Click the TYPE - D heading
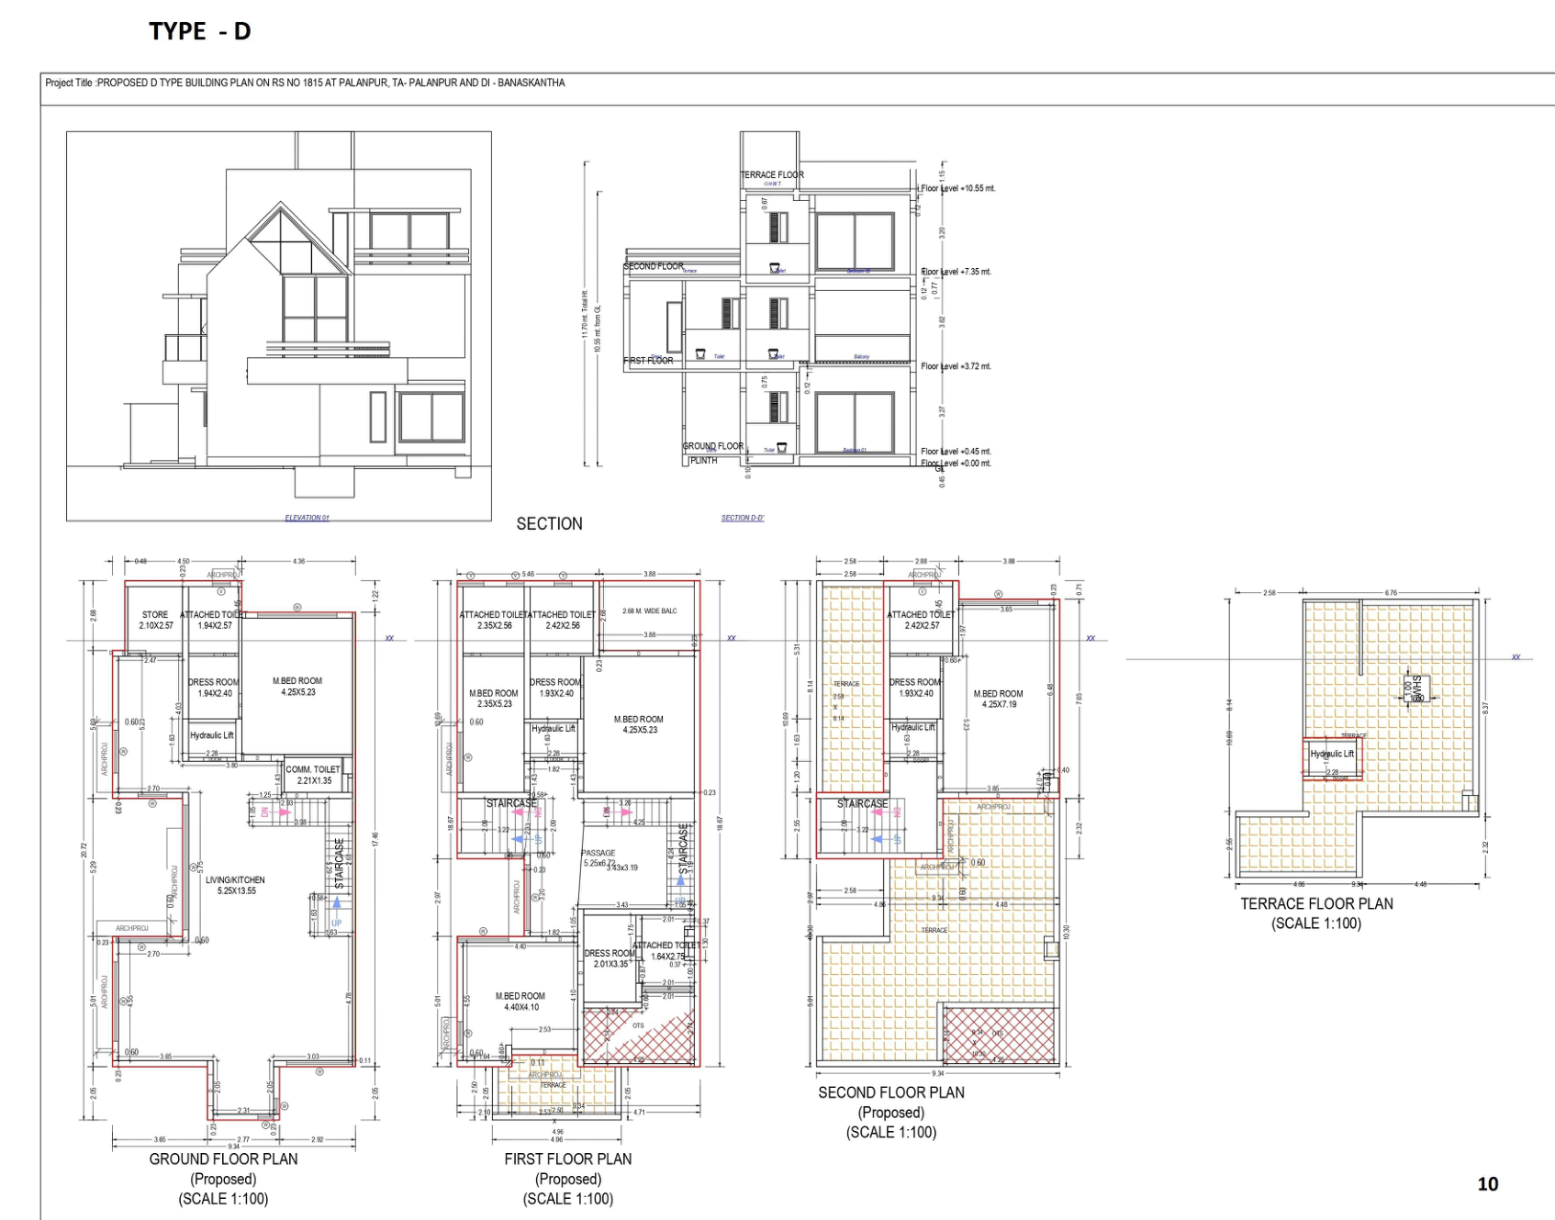click(x=199, y=31)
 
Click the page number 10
click(x=1487, y=1184)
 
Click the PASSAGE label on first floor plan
click(x=599, y=854)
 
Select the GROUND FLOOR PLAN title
click(x=223, y=1159)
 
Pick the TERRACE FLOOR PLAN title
click(x=1316, y=904)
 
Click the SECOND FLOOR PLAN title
click(x=891, y=1092)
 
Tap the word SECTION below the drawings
click(x=549, y=524)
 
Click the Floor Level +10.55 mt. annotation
click(x=957, y=189)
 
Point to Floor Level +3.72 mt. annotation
click(x=956, y=366)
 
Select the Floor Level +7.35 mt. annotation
click(x=956, y=272)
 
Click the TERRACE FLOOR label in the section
click(x=772, y=174)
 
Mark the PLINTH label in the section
click(x=703, y=461)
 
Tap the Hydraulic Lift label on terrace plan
click(x=1332, y=754)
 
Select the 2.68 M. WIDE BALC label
click(x=649, y=610)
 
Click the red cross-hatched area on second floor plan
click(x=998, y=1035)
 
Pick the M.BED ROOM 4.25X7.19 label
click(x=998, y=699)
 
